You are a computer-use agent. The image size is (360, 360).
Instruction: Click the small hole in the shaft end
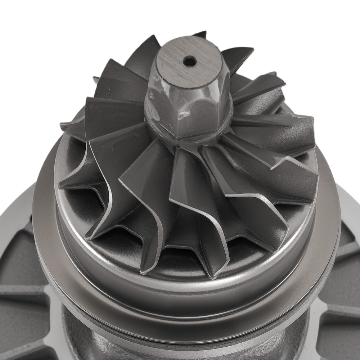click(190, 62)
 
